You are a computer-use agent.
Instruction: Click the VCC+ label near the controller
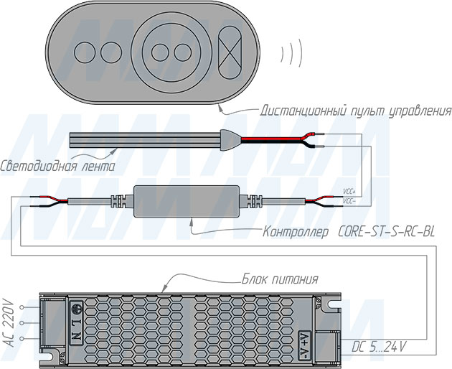tap(349, 192)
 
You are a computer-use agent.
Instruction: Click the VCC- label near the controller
tap(349, 201)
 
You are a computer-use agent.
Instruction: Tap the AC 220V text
tap(10, 323)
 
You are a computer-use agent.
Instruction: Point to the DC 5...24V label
tap(379, 347)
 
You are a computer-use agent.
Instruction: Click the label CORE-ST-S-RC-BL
tap(386, 232)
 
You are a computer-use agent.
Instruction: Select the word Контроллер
tap(295, 233)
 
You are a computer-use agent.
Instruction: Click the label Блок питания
tap(280, 279)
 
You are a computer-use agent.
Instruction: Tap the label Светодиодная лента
tap(57, 167)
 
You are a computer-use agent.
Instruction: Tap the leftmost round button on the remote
tap(85, 52)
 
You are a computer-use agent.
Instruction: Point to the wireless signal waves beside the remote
tap(291, 53)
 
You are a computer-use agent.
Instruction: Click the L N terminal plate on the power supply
tap(77, 323)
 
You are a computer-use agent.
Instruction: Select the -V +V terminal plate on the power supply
tap(304, 345)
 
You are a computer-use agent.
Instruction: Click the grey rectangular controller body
tap(187, 202)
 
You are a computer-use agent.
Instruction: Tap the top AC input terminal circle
tap(22, 307)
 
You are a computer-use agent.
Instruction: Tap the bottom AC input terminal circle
tap(22, 338)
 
